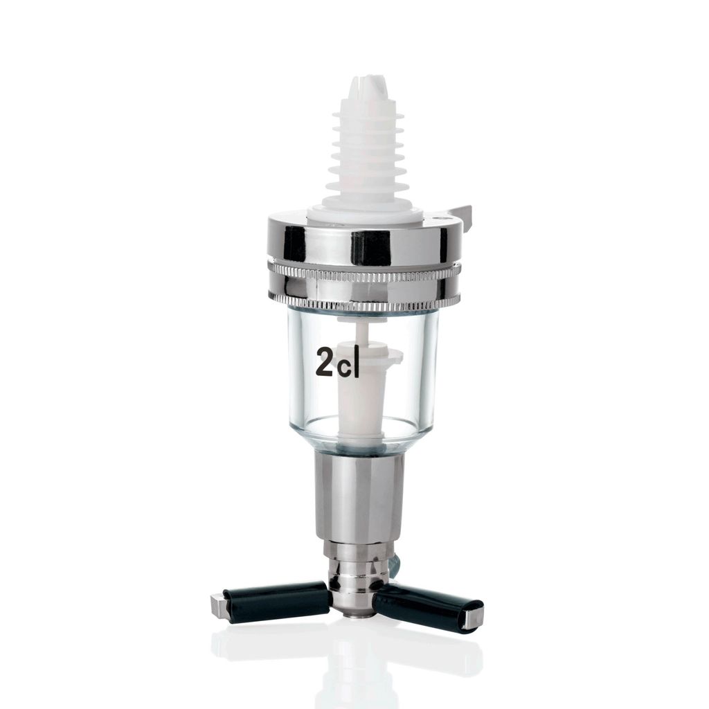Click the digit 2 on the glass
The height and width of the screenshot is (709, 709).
click(326, 360)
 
